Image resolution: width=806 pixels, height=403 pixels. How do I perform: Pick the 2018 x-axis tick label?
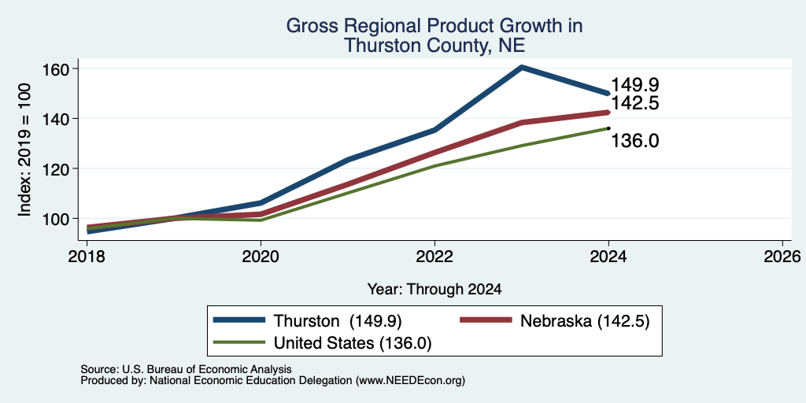pos(87,257)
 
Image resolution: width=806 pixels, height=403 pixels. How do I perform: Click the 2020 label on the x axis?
pos(261,257)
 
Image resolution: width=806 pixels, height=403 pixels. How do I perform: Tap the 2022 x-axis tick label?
pos(434,257)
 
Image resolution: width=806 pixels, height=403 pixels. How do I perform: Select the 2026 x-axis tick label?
pos(782,257)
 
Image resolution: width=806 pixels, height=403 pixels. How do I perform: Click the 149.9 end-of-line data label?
pos(635,85)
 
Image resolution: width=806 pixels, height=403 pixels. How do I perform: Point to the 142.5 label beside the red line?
pos(635,103)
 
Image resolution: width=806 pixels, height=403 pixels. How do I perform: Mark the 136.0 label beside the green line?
pos(635,141)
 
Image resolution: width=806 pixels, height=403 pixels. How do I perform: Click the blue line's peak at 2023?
pos(522,67)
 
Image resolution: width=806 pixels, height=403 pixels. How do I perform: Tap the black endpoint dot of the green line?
pos(608,128)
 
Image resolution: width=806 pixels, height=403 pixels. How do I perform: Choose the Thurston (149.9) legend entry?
pos(308,321)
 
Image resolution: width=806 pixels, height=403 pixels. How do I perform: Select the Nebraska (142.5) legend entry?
pos(555,321)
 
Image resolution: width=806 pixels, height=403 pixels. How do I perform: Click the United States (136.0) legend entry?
pos(322,343)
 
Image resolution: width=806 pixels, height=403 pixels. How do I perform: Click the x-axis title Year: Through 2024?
pos(434,290)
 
